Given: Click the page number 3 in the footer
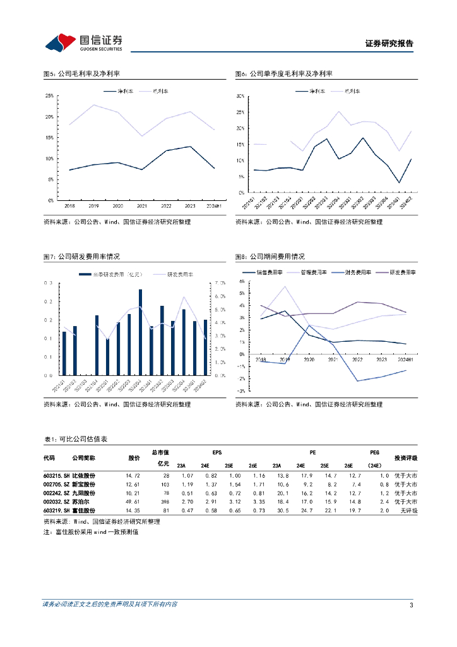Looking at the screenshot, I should click(411, 605).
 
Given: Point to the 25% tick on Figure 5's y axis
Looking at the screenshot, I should click(49, 95).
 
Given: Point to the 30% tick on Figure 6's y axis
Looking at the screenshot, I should click(240, 96).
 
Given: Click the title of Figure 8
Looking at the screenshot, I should click(270, 257).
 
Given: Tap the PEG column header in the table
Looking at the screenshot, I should click(374, 452).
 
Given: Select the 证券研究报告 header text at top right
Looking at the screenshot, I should click(389, 44).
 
